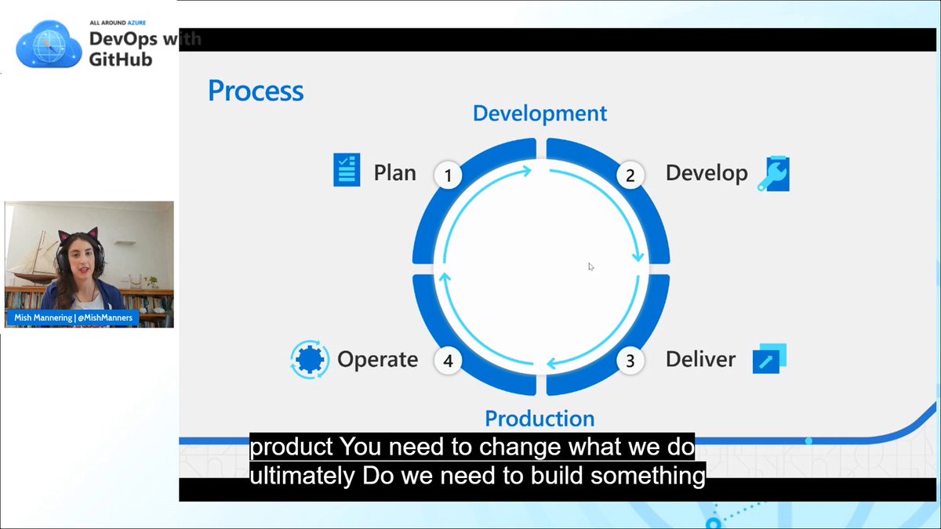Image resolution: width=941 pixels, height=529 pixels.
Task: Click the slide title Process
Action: click(256, 91)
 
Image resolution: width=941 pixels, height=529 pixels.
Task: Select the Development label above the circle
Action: click(540, 113)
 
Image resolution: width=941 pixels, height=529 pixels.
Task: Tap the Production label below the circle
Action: click(540, 418)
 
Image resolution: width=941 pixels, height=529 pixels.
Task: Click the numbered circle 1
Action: click(448, 176)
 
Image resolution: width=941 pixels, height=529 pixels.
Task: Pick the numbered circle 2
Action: click(630, 176)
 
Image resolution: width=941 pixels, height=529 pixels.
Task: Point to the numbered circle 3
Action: click(630, 361)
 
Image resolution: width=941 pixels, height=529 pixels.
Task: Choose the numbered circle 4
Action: click(448, 361)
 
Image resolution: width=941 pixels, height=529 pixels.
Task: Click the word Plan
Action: click(394, 172)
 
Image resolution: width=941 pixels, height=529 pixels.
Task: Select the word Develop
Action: click(707, 172)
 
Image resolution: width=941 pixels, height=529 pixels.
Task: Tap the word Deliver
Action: click(700, 359)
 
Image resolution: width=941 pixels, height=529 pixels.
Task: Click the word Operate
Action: click(377, 360)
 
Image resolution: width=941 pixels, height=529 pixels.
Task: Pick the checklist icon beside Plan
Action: click(347, 170)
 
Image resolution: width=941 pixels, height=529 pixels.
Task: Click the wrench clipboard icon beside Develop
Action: click(773, 174)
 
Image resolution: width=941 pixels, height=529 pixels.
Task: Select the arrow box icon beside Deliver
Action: click(768, 358)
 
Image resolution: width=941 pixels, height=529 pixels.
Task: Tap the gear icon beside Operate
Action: click(309, 359)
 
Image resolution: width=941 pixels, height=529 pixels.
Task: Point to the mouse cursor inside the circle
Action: click(590, 266)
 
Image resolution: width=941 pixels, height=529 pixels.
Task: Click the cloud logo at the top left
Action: click(49, 44)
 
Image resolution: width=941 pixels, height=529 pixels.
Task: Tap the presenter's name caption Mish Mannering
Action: click(42, 318)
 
